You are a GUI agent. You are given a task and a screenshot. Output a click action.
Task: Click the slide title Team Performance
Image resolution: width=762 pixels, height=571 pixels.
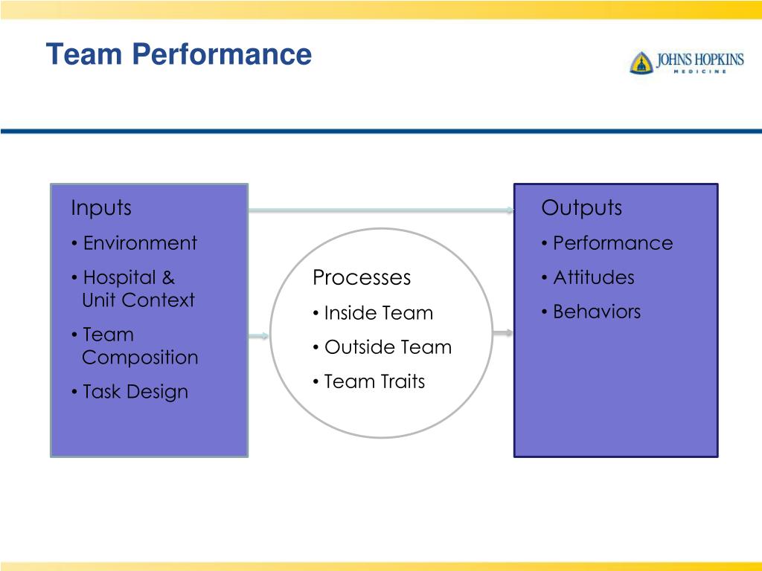click(x=178, y=55)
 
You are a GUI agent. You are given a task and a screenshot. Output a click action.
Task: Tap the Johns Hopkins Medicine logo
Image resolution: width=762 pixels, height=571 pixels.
click(x=686, y=62)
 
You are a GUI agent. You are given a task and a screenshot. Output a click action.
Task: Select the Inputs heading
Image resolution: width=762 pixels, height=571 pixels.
click(x=101, y=207)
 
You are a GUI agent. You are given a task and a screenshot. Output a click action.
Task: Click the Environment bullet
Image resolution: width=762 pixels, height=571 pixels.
click(x=135, y=243)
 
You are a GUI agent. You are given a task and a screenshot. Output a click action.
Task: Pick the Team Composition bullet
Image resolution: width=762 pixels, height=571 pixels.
click(x=135, y=346)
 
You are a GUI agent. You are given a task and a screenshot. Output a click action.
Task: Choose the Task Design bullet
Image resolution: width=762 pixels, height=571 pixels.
click(x=130, y=392)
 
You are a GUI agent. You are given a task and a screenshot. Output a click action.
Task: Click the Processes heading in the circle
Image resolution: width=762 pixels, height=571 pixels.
click(x=362, y=277)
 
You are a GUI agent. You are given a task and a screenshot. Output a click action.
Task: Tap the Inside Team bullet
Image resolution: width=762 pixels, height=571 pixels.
click(x=373, y=313)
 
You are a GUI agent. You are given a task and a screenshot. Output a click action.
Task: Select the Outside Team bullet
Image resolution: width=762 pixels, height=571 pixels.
click(x=382, y=347)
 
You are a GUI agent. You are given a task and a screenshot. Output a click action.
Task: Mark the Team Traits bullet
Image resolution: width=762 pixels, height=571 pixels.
click(x=369, y=381)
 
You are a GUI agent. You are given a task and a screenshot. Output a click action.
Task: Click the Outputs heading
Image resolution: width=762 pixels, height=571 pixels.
click(x=582, y=207)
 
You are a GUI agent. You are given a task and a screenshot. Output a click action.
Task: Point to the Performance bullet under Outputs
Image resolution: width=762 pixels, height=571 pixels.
click(x=607, y=243)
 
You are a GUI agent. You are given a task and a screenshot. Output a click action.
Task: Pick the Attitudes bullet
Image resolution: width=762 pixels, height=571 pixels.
click(x=588, y=277)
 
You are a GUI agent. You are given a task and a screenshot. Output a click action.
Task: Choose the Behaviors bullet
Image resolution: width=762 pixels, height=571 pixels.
click(x=591, y=312)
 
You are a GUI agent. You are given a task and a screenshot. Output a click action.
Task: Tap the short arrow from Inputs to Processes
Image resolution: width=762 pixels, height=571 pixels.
click(x=258, y=336)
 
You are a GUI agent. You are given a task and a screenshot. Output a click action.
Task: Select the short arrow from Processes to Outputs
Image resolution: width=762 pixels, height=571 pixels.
click(x=502, y=333)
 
